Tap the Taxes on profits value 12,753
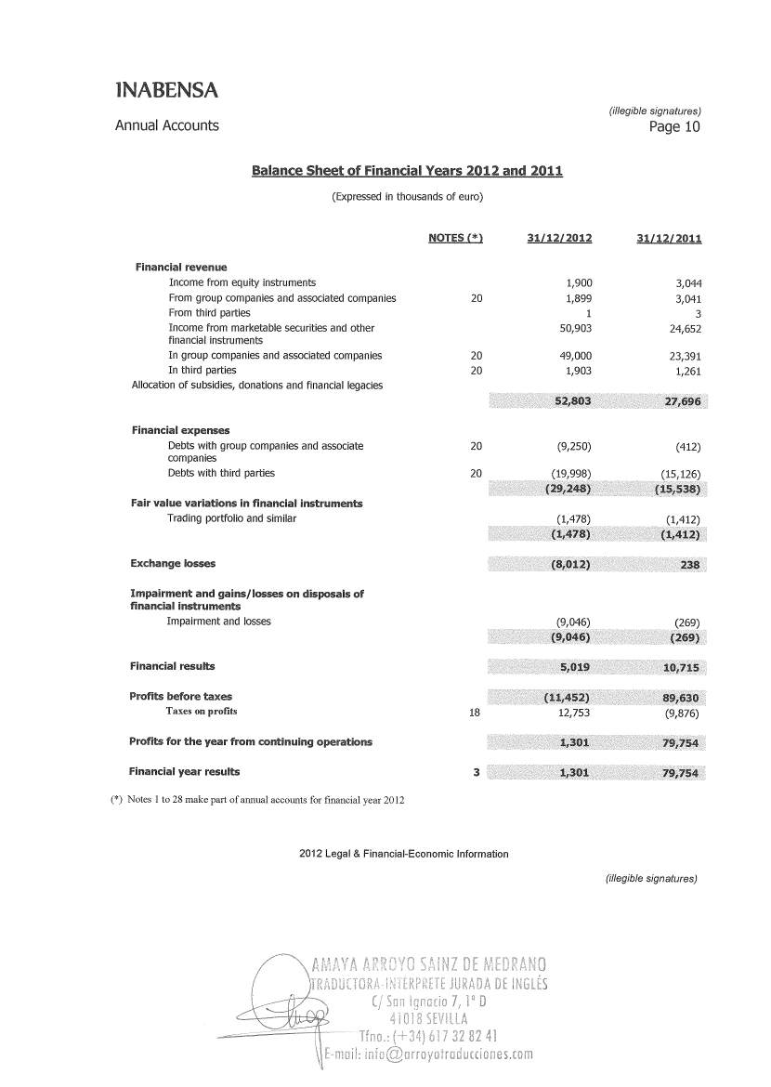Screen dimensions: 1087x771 click(575, 713)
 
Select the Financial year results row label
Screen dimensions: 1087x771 click(184, 771)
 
